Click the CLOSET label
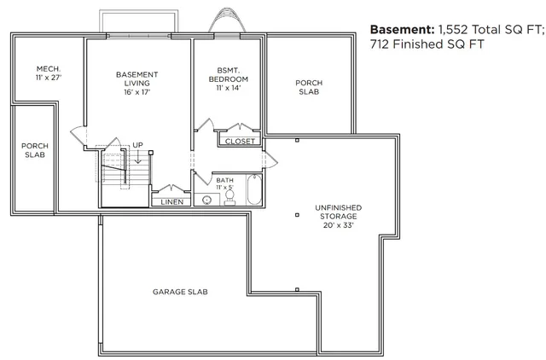(239, 141)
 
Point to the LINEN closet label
(171, 202)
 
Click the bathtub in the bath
(253, 190)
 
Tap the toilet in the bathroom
(229, 198)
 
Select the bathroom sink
(206, 200)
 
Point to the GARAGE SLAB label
(180, 292)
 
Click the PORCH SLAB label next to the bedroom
(309, 87)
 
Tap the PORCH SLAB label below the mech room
(34, 150)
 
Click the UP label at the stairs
(136, 145)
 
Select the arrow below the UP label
(136, 156)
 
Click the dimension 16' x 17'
(136, 92)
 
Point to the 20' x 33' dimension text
(338, 226)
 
